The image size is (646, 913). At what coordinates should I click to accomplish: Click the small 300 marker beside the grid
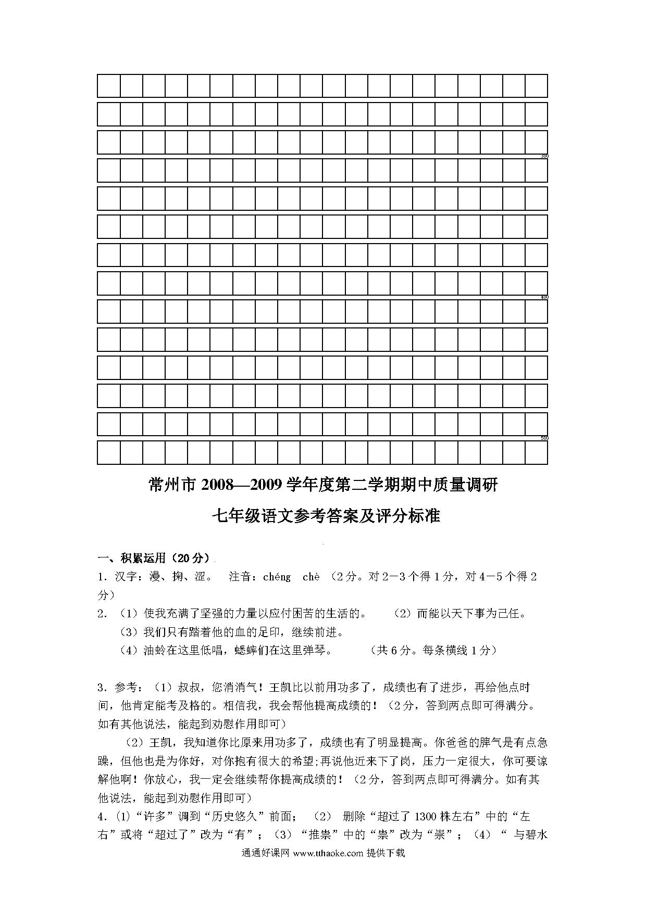pos(545,156)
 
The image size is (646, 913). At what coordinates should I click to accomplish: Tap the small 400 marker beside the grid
pos(545,297)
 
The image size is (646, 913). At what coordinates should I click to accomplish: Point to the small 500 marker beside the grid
pos(545,438)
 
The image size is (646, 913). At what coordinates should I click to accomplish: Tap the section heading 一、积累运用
pos(131,559)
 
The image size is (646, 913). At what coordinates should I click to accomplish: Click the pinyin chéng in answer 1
pos(277,577)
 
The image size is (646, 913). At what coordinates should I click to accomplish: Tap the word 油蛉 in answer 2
pos(155,650)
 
